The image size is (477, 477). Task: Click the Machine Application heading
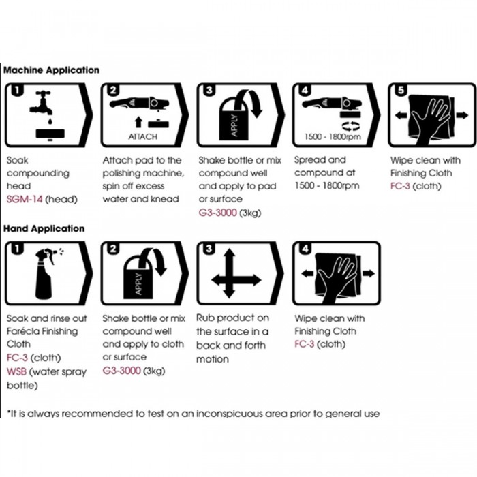51,70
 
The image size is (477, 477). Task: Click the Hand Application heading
44,229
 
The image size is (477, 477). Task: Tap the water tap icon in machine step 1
42,102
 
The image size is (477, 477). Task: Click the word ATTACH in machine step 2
142,136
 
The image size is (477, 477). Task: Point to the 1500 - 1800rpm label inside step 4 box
333,136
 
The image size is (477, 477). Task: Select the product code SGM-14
25,199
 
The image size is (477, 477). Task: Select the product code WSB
16,371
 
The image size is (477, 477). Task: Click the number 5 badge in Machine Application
401,90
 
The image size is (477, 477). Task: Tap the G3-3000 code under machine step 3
217,213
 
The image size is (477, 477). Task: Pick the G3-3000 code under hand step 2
121,371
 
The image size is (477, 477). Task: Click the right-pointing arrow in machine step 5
463,115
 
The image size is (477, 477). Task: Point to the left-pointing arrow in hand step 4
307,273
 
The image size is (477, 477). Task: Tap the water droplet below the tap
50,122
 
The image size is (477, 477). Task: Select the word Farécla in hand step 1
22,331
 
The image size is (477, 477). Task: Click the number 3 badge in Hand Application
209,249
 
